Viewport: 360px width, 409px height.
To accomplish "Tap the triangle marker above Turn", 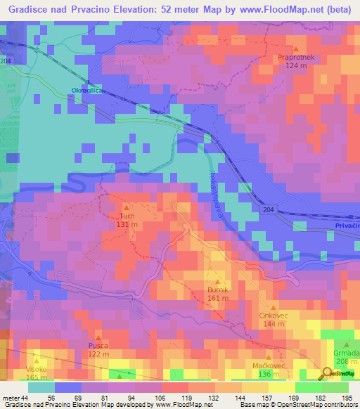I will tap(127, 207).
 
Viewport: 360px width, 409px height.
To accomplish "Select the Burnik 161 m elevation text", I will tap(217, 298).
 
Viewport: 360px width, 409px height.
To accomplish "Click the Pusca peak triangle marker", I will tap(98, 337).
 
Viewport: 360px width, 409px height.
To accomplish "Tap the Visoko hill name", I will tap(37, 369).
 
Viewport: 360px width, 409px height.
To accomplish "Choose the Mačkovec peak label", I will tap(268, 365).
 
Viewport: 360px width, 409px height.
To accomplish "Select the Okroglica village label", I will tap(87, 90).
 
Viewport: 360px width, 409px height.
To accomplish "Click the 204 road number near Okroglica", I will tap(6, 62).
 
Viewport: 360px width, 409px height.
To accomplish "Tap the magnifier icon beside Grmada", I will tap(328, 372).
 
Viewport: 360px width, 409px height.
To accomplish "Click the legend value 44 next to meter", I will tap(26, 398).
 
